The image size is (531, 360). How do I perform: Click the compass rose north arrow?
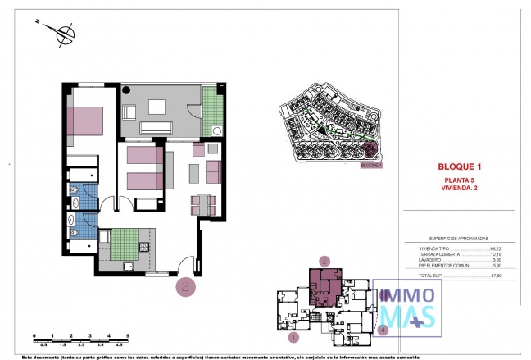[62, 34]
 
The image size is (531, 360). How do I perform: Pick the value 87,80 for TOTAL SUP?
[495, 276]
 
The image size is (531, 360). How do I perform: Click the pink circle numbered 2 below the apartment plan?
[186, 286]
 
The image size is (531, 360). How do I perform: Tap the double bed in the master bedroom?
[84, 122]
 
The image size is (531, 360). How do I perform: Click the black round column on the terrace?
[128, 90]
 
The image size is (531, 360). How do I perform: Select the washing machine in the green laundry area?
[216, 130]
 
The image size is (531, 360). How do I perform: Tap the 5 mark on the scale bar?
[128, 336]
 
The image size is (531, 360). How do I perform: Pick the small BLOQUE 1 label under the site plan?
[371, 165]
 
